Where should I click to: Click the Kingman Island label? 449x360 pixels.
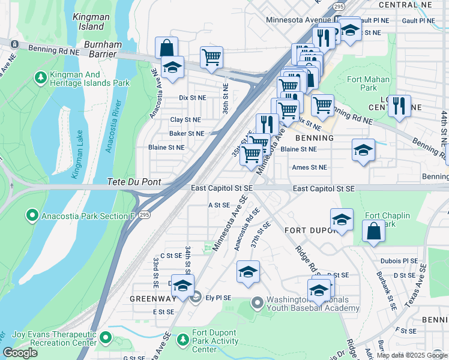tap(89, 22)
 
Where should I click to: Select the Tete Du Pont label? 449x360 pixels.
tap(131, 182)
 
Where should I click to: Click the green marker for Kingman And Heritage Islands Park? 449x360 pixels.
tap(40, 77)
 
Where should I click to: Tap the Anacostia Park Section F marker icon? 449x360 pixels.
tap(31, 215)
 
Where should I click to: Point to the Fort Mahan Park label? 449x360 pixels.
tap(369, 83)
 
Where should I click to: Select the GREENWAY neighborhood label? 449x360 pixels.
tap(152, 298)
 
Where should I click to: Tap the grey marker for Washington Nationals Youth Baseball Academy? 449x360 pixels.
tap(258, 302)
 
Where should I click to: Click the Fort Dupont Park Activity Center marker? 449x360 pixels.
tap(183, 340)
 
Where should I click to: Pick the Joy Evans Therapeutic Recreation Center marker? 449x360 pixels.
tap(106, 338)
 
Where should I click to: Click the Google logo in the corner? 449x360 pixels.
tap(20, 353)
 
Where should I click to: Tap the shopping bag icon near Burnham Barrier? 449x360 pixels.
tap(166, 47)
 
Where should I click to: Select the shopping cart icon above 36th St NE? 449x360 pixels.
tap(211, 57)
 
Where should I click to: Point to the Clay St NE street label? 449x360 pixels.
tap(185, 120)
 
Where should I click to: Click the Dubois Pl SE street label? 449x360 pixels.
tap(399, 261)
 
